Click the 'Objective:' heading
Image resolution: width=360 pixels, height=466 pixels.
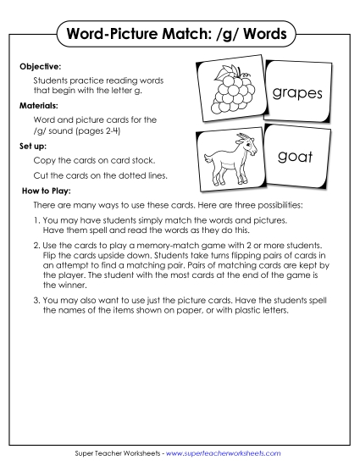pyautogui.click(x=40, y=64)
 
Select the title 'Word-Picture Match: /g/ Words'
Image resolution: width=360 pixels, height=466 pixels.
pyautogui.click(x=180, y=35)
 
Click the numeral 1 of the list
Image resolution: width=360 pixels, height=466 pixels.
pyautogui.click(x=36, y=219)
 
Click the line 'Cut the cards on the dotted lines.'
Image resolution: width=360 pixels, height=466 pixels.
pyautogui.click(x=101, y=175)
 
